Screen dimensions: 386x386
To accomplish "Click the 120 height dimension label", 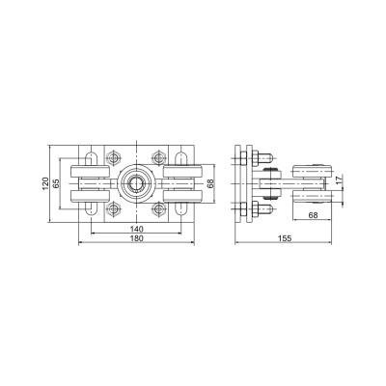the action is tap(45, 183).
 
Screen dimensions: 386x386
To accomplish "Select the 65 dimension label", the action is tap(56, 183).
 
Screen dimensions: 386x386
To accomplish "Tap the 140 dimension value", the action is tap(136, 229).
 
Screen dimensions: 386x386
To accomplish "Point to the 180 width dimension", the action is tap(136, 238).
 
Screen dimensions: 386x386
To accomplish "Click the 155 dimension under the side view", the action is tap(285, 238).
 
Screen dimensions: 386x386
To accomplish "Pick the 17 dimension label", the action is tap(340, 179).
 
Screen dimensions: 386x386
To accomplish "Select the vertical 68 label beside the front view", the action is tap(210, 183).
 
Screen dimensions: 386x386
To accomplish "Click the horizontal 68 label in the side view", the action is tap(313, 215).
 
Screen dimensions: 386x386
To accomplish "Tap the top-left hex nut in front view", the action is tap(113, 157).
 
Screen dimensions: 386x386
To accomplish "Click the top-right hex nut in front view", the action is tap(158, 157).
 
